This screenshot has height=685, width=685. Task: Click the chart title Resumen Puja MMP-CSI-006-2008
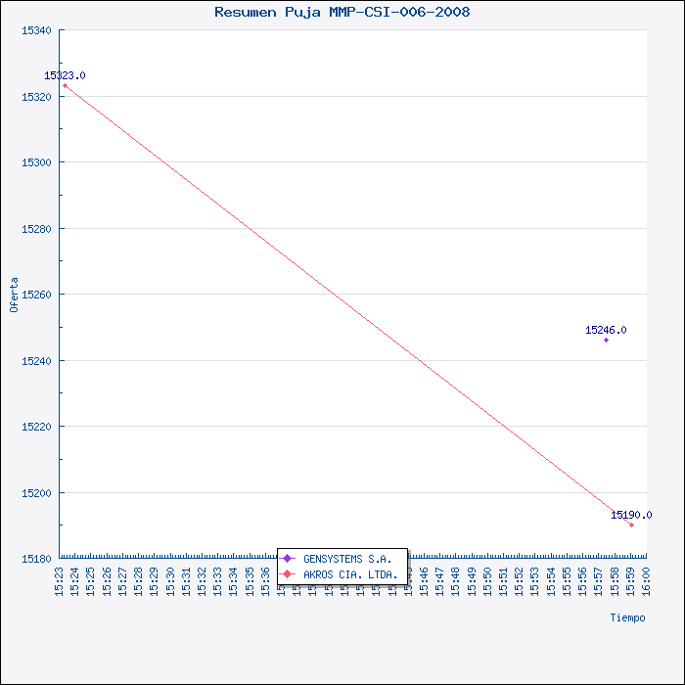(342, 12)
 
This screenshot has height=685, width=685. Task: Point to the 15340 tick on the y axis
(36, 30)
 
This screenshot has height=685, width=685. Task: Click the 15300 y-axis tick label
(36, 162)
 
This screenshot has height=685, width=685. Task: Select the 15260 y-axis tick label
(36, 295)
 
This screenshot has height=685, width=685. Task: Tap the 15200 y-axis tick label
(36, 493)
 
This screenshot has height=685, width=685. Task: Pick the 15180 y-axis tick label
(36, 559)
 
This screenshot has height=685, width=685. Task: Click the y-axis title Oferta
(14, 295)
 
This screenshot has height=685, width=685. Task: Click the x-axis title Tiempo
(627, 617)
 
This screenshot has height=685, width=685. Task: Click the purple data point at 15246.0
(606, 340)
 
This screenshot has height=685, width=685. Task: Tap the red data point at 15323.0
(65, 85)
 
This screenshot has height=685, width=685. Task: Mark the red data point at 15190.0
(631, 525)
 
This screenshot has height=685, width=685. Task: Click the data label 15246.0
(606, 330)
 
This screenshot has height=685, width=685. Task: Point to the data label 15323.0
(65, 75)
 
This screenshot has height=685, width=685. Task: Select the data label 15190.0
(631, 515)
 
